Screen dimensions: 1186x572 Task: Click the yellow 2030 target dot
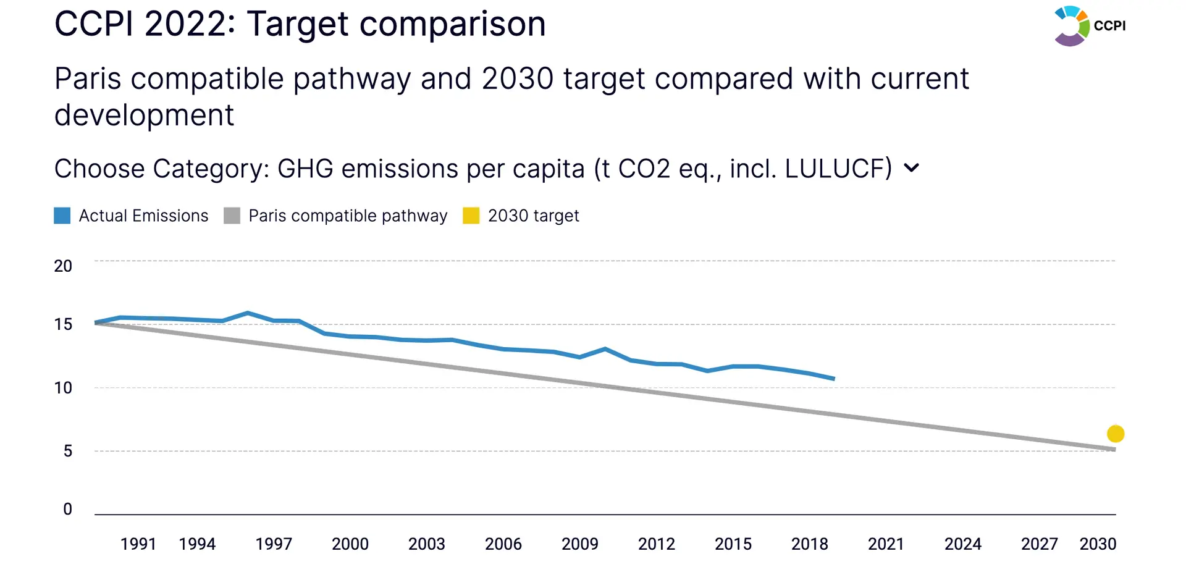click(1116, 434)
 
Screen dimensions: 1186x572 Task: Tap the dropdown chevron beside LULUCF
click(911, 167)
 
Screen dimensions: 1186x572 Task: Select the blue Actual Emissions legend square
click(62, 216)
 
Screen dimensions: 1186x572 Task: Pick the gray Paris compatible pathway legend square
click(232, 216)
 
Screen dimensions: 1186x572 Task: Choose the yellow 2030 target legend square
click(471, 216)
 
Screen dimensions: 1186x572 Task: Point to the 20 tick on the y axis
click(63, 266)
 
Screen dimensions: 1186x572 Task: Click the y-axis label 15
click(63, 324)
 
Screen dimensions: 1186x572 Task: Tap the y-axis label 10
click(63, 388)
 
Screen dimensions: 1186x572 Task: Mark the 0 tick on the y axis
click(67, 509)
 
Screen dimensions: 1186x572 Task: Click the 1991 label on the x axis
click(138, 544)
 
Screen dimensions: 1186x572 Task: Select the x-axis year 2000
click(350, 544)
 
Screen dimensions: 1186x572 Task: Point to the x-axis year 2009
click(580, 544)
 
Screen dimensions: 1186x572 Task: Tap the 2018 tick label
click(810, 544)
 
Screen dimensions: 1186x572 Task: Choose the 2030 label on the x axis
click(1098, 544)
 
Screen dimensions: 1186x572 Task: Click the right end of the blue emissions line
click(835, 379)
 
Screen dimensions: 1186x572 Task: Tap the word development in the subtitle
click(145, 116)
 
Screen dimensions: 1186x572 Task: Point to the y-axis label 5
click(67, 451)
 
